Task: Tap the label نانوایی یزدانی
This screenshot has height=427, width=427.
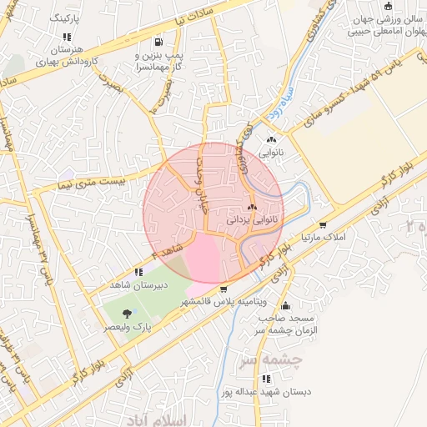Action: coord(250,221)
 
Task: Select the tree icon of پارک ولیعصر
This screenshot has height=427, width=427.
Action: coord(126,314)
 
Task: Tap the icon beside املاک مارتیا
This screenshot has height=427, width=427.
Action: coord(323,225)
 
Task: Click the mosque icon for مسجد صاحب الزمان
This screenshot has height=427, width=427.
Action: coord(286,305)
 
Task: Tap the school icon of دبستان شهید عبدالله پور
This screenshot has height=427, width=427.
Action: coord(265,379)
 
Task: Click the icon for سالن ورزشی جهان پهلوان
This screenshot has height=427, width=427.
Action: coord(387,7)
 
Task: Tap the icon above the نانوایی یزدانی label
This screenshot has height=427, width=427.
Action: coord(251,207)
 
